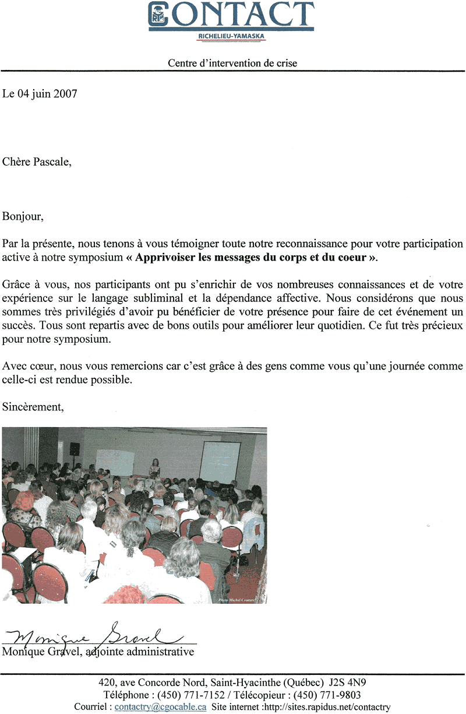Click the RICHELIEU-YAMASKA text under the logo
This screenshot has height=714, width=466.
coord(232,36)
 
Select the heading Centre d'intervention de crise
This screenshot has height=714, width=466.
coord(232,63)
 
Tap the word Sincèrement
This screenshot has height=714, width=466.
coord(33,407)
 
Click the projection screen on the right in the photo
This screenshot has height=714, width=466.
coord(220,461)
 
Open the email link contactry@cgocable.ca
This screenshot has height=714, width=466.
coord(160,707)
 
